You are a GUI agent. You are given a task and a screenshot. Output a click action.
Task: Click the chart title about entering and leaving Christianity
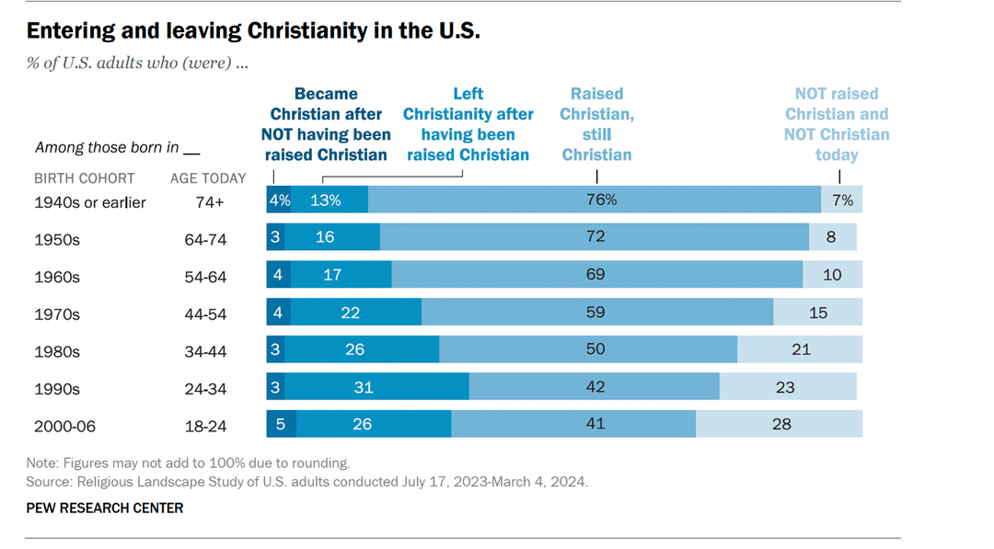point(253,30)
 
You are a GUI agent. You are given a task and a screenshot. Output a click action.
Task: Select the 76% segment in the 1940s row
point(595,200)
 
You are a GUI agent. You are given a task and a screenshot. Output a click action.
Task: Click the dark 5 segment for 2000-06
point(281,424)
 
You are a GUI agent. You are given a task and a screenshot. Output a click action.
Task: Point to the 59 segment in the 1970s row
point(596,312)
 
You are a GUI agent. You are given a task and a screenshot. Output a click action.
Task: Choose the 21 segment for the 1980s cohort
point(800,349)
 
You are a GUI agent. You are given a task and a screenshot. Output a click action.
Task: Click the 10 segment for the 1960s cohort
point(832,274)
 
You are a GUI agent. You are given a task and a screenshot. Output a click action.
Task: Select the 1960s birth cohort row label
point(57,277)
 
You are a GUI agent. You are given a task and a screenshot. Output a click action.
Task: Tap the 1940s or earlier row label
point(90,202)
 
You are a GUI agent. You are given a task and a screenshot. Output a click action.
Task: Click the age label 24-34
point(205,389)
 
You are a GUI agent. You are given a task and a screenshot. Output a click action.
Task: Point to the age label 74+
point(205,202)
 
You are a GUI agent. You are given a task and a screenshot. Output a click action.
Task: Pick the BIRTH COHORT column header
point(85,178)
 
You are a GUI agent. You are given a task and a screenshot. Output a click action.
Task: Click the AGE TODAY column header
point(208,178)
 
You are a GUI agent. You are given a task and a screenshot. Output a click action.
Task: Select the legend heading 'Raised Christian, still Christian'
point(596,124)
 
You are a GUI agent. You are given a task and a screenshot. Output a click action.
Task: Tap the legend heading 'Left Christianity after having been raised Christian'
point(468,124)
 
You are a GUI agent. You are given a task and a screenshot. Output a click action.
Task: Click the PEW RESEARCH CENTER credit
point(104,508)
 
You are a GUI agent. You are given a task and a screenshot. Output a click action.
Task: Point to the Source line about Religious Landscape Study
point(306,481)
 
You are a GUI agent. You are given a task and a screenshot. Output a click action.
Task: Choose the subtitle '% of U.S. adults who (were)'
point(137,63)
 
